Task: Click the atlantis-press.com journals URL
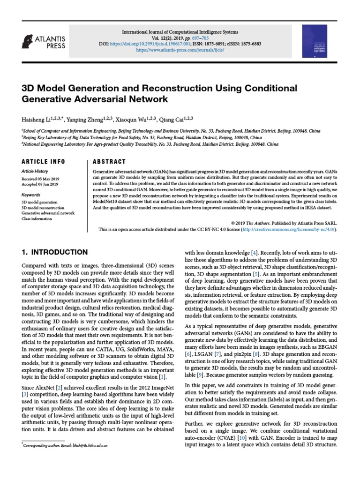coord(180,49)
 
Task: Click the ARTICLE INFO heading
coord(43,162)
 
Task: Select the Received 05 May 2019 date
coord(39,179)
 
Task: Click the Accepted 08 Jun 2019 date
coord(39,185)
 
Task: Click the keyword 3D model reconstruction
coord(43,207)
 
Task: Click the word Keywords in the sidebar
coord(31,195)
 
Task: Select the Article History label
coord(35,172)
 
